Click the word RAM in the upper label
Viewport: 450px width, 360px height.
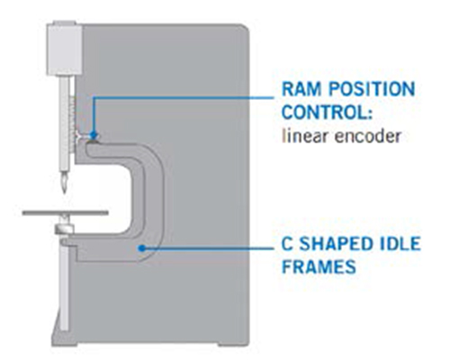tap(302, 89)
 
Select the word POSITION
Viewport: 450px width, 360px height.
tap(372, 89)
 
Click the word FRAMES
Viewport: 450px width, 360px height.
tap(319, 266)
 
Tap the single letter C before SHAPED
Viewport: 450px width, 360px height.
tap(287, 244)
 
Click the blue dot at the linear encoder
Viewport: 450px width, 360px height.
tap(94, 135)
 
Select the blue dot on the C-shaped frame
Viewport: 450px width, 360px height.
tap(142, 248)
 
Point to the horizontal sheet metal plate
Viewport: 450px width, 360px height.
tap(65, 213)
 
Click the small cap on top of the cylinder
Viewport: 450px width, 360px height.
tap(65, 23)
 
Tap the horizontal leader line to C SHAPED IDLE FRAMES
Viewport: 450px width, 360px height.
tap(208, 248)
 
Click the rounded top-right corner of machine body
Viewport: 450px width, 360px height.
tap(245, 28)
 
